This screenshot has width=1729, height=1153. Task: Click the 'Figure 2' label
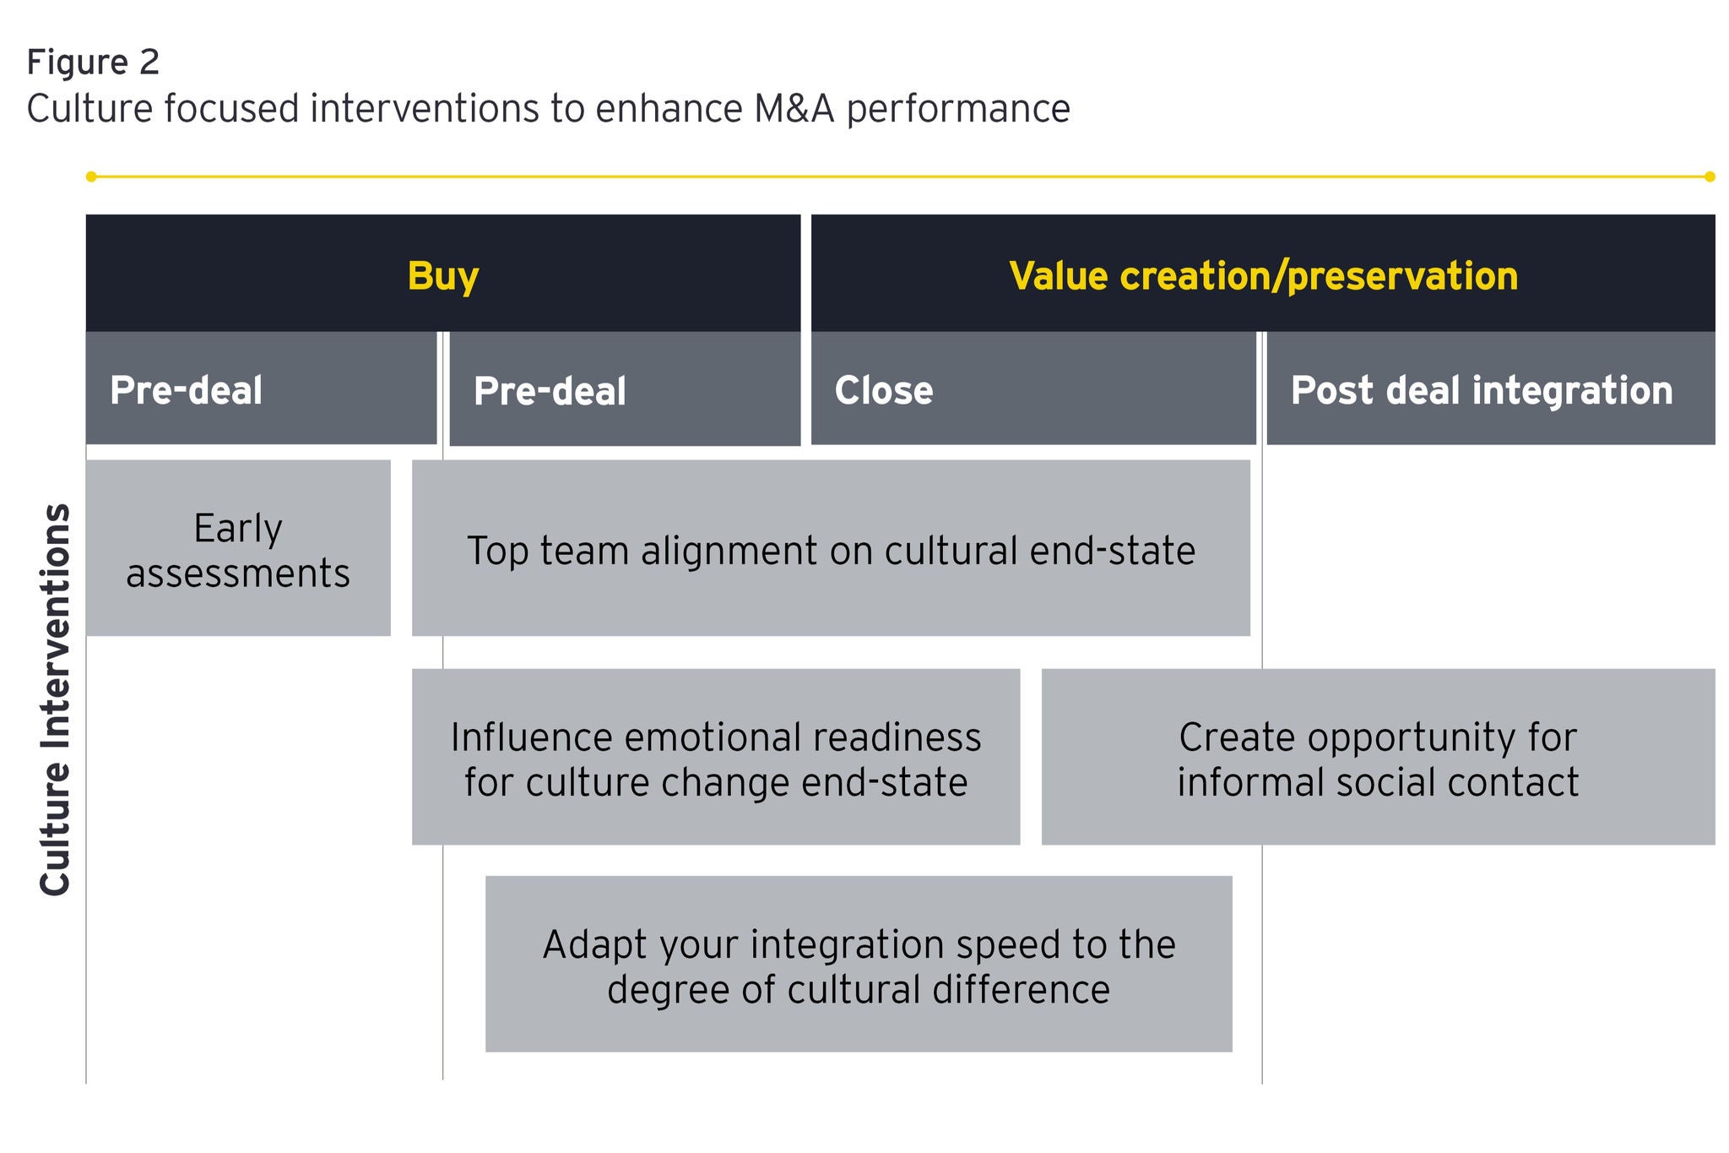click(93, 63)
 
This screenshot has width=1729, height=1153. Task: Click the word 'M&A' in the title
click(794, 109)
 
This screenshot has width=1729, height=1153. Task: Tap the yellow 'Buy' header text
click(443, 276)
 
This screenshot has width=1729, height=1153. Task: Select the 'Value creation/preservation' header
click(1263, 276)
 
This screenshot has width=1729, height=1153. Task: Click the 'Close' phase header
click(883, 390)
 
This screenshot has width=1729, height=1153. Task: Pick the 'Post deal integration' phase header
click(1482, 390)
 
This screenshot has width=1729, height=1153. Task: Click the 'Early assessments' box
click(238, 549)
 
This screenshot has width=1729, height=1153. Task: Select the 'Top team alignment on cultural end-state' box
click(831, 549)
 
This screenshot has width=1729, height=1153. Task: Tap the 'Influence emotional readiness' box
click(716, 758)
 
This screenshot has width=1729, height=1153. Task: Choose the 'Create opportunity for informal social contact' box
click(1378, 758)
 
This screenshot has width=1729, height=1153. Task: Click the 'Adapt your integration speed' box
click(859, 965)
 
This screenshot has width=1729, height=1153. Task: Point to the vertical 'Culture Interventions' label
click(56, 699)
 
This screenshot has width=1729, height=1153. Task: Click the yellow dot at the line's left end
click(91, 177)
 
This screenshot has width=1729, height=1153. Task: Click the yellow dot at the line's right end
click(1710, 177)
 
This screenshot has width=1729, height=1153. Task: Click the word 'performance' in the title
click(958, 109)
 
